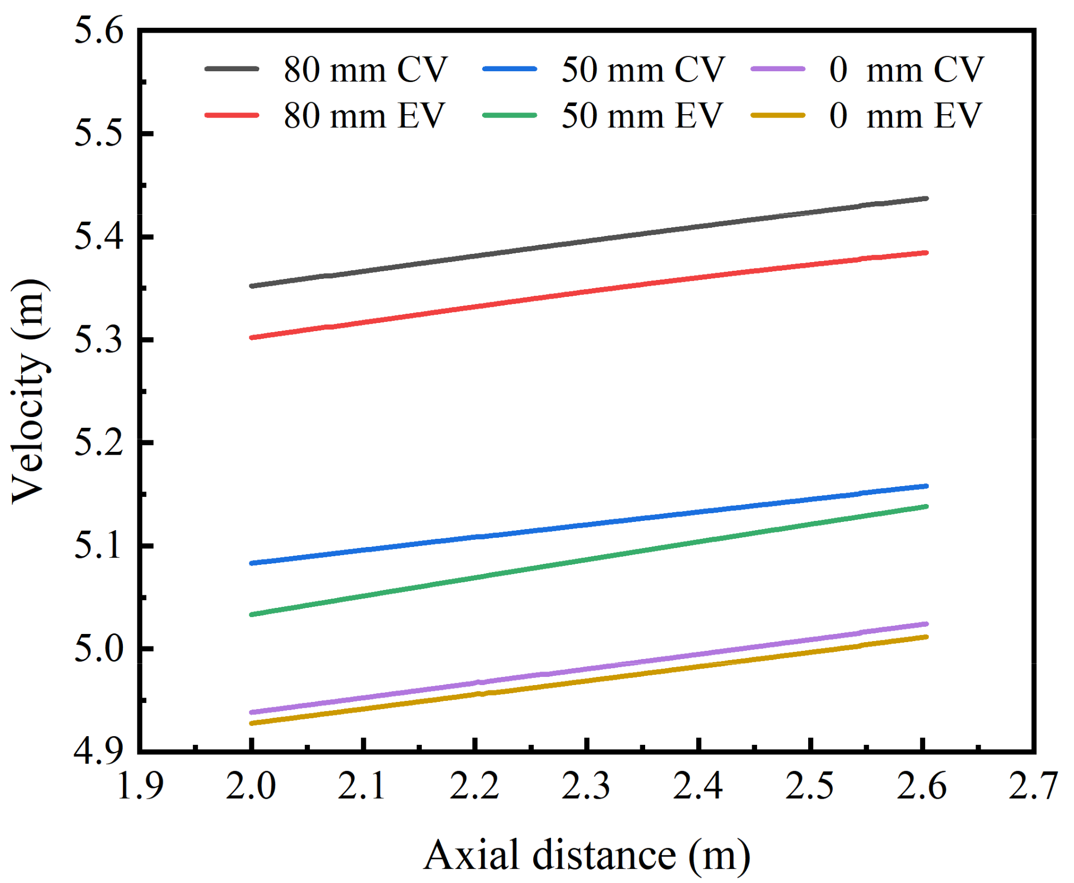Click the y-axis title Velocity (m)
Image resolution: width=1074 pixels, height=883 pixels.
(x=30, y=391)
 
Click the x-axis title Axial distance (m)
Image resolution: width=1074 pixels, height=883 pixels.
(x=587, y=855)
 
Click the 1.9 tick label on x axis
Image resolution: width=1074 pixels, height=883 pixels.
(x=140, y=786)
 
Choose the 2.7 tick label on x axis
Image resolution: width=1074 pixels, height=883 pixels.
(x=1033, y=786)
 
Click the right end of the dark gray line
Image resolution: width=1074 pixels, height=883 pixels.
(x=926, y=198)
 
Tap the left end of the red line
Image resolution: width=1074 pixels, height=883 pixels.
(x=252, y=338)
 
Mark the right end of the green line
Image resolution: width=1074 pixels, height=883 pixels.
(x=926, y=506)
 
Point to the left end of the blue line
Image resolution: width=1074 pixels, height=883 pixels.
(x=252, y=563)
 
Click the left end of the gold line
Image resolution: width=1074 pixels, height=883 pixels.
(x=252, y=723)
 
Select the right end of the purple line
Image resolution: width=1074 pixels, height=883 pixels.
(x=926, y=624)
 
